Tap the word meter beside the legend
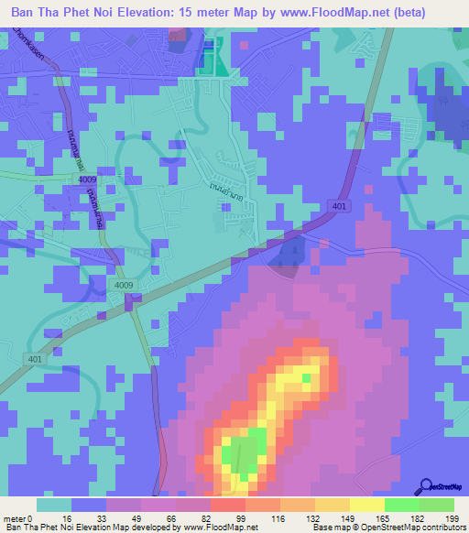[16, 518]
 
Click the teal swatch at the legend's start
[54, 505]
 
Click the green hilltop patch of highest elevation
[245, 451]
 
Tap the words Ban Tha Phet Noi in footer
[41, 528]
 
